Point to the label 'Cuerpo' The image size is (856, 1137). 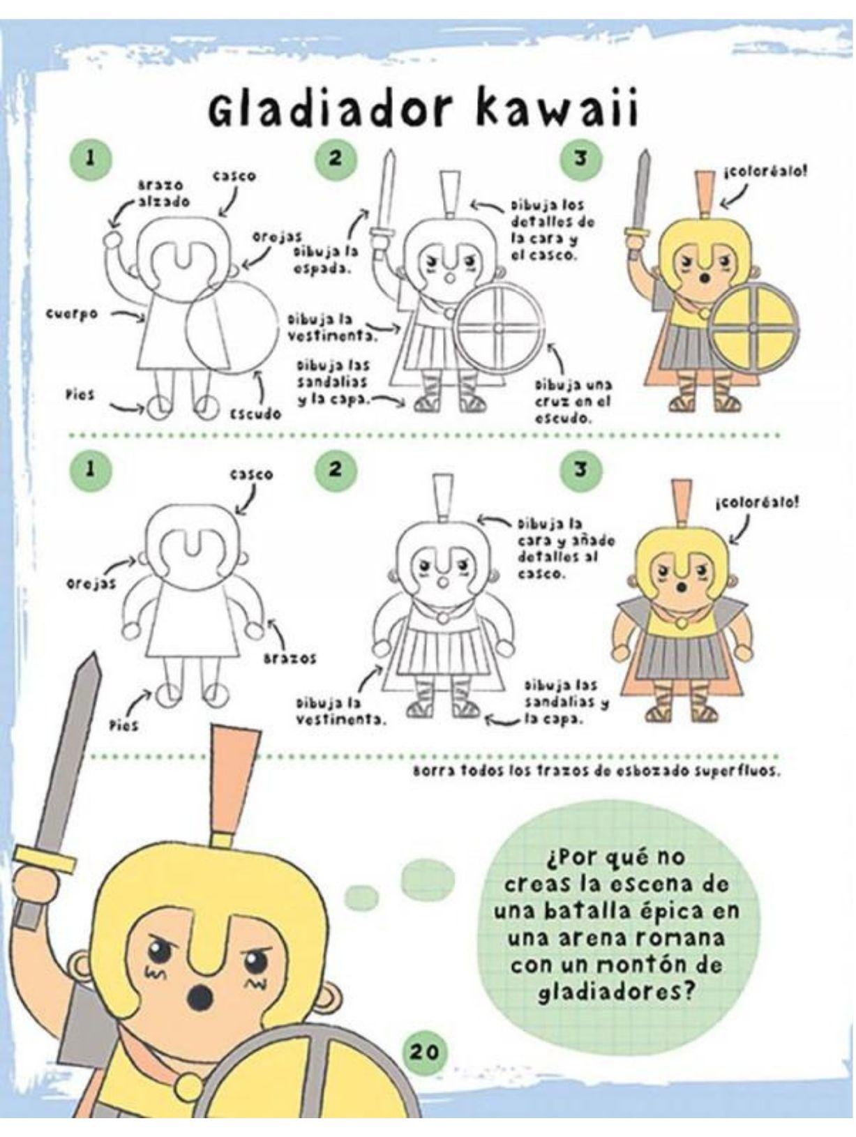[x=72, y=315]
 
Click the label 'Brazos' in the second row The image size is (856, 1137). [x=290, y=658]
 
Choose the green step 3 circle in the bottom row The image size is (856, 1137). [x=580, y=470]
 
